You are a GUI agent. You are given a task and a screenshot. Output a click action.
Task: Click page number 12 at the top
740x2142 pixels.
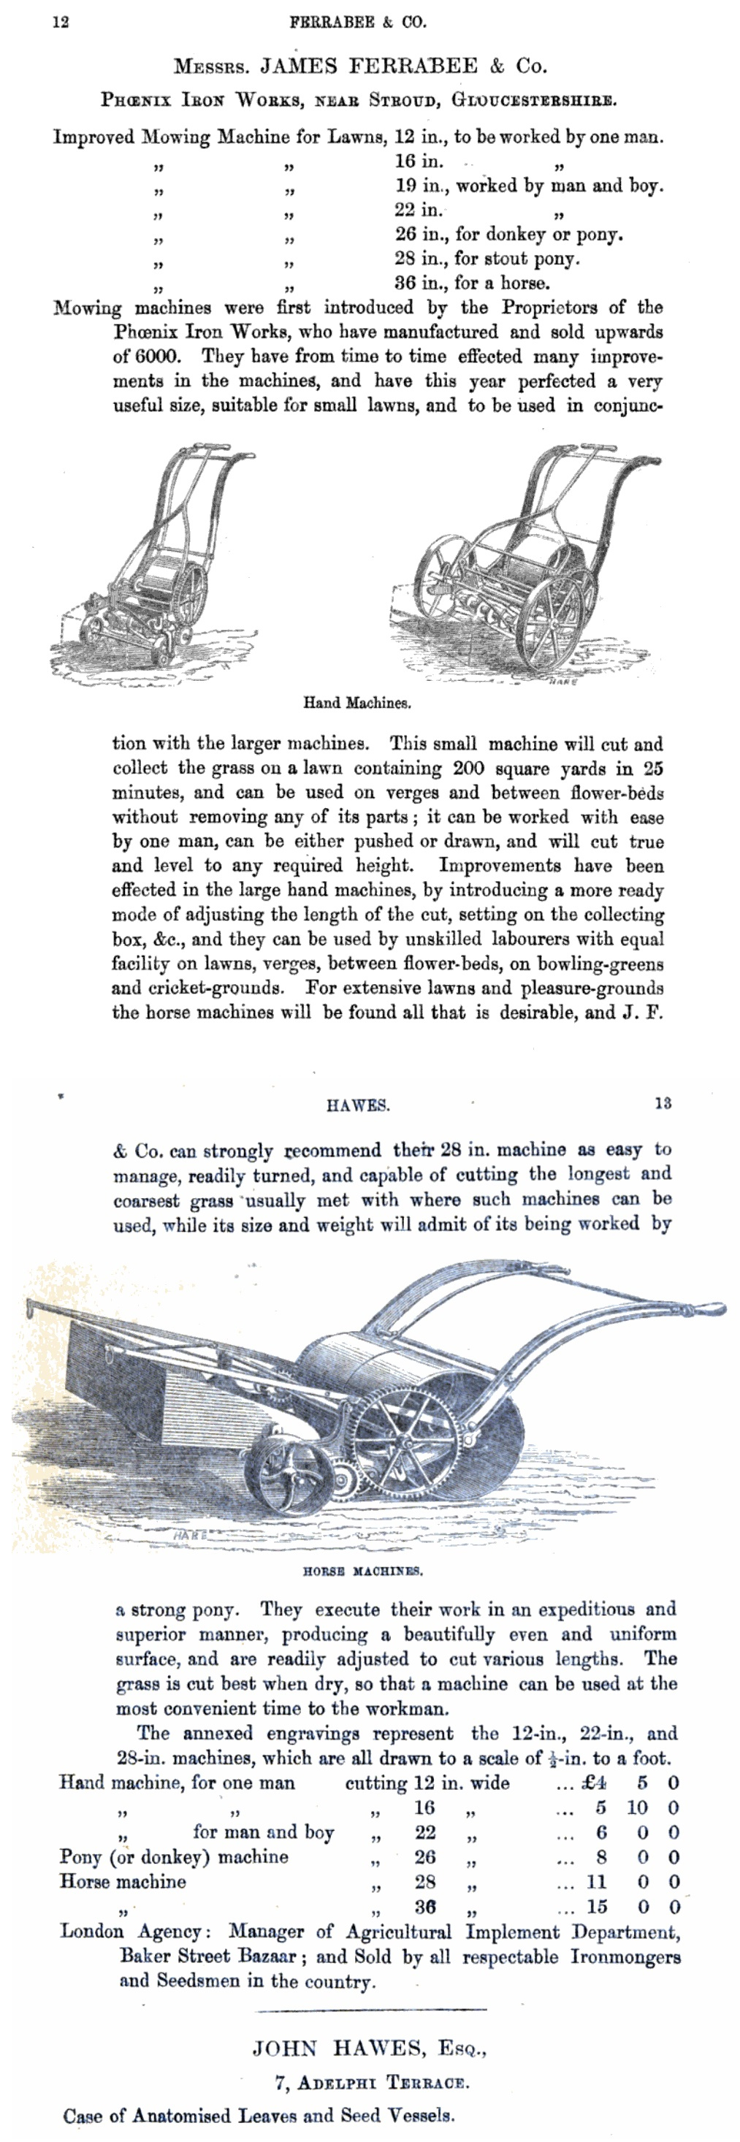click(x=61, y=23)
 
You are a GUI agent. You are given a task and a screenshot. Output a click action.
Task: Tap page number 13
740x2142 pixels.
click(x=663, y=1103)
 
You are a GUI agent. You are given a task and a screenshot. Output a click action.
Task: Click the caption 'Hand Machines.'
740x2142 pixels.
click(x=356, y=703)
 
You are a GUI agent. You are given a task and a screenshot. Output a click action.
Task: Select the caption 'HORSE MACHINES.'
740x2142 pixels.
click(x=362, y=1571)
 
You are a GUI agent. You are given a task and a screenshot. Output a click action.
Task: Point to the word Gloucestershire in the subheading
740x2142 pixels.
click(x=533, y=100)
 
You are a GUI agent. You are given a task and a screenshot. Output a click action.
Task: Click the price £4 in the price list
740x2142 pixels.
click(x=595, y=1782)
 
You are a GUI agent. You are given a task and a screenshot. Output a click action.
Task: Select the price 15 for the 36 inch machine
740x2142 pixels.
click(x=597, y=1907)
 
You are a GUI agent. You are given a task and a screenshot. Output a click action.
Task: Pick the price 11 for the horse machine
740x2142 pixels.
click(x=597, y=1882)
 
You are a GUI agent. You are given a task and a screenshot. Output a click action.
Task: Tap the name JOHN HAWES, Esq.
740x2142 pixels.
click(x=369, y=2047)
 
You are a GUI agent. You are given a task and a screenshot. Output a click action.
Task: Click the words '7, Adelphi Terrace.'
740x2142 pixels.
click(x=372, y=2083)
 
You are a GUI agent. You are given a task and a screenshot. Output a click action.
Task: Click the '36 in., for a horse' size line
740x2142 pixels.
click(x=471, y=283)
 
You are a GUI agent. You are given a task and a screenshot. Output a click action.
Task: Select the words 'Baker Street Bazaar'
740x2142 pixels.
click(x=208, y=1956)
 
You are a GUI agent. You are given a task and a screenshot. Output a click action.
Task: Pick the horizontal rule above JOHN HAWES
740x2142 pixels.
click(x=372, y=2010)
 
